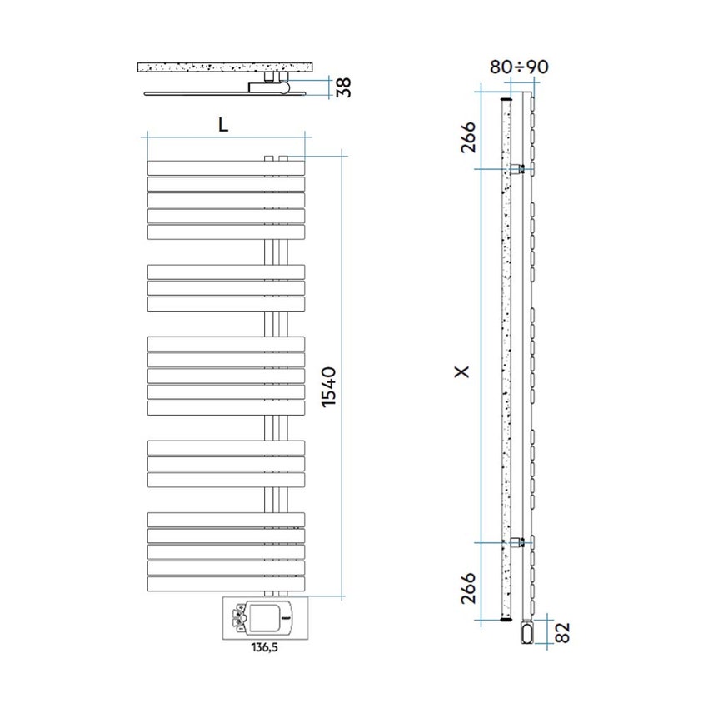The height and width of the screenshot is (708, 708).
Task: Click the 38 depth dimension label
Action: pyautogui.click(x=342, y=87)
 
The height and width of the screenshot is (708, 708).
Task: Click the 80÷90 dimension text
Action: pyautogui.click(x=518, y=67)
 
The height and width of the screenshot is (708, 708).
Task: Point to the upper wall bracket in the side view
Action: pyautogui.click(x=521, y=169)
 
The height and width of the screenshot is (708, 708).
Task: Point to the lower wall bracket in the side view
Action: pyautogui.click(x=521, y=542)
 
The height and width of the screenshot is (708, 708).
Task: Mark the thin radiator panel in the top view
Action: pyautogui.click(x=200, y=92)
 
